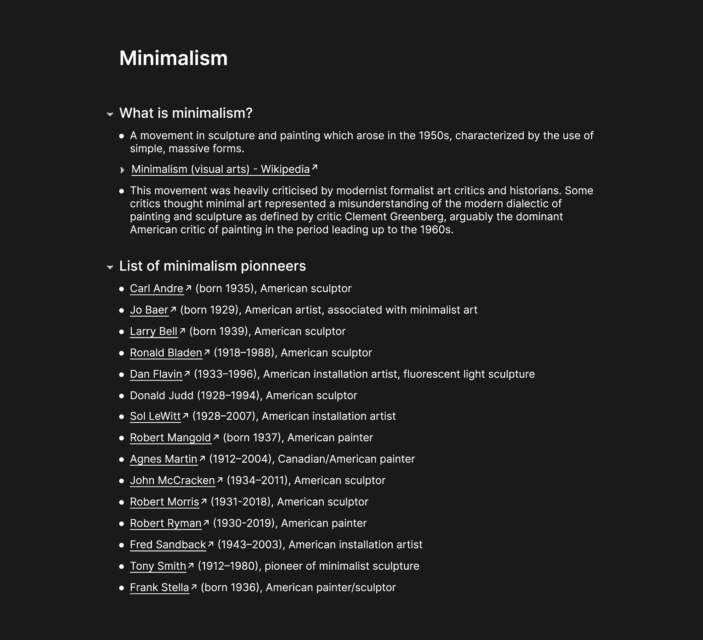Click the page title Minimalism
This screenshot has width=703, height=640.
(x=173, y=58)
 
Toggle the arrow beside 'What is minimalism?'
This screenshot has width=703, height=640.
(x=110, y=114)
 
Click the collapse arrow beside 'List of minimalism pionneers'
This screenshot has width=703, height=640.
(x=110, y=267)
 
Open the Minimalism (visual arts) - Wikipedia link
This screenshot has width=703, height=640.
(x=220, y=169)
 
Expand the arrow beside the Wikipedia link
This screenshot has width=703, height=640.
(x=122, y=170)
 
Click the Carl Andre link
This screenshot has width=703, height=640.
(x=157, y=289)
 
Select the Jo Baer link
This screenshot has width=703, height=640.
(x=149, y=310)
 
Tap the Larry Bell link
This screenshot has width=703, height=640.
(x=153, y=331)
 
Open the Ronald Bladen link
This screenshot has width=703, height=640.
(x=166, y=353)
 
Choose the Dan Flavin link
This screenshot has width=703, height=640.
(x=156, y=374)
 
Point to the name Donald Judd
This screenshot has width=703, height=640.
(x=161, y=395)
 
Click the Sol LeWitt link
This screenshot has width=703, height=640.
(x=155, y=416)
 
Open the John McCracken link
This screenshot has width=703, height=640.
(x=172, y=480)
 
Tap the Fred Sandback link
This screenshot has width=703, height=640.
(x=168, y=545)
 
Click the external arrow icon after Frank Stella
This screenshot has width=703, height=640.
(x=194, y=587)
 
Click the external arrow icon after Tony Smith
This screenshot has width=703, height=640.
(x=191, y=565)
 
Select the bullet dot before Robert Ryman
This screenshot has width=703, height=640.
(x=121, y=523)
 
